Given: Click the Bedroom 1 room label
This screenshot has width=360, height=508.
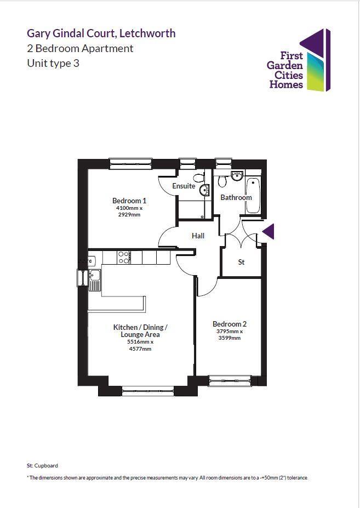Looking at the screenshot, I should [129, 201].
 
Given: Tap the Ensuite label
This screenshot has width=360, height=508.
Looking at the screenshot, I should [184, 186].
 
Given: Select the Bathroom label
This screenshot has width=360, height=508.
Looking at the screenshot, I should [236, 197].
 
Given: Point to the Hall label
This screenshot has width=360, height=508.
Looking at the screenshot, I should [198, 236].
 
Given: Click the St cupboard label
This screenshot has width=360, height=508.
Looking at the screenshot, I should [241, 262].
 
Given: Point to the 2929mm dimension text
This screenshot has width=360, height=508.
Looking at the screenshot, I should [129, 215].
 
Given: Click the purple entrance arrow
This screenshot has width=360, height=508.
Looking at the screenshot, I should [268, 232].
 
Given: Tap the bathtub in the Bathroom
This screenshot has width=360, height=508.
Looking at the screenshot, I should [253, 196].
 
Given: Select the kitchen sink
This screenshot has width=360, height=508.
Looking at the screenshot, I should [95, 279].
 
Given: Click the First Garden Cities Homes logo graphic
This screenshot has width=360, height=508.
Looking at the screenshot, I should [318, 60].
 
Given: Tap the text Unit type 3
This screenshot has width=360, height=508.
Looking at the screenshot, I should [53, 63].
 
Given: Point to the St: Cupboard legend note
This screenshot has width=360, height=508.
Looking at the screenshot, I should [42, 465].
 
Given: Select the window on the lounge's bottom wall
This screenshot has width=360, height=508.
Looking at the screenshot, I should [147, 391].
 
